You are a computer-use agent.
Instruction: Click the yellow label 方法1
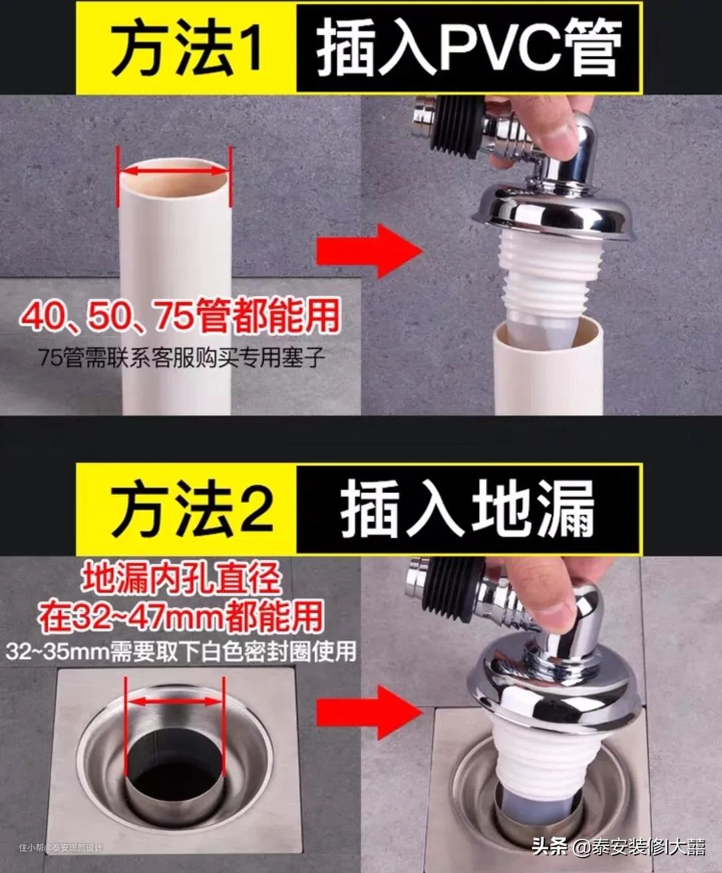point(186,47)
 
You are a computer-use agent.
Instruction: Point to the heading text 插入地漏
point(467,510)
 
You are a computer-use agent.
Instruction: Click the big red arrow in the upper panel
point(369,252)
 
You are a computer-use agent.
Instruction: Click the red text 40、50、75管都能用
point(180,317)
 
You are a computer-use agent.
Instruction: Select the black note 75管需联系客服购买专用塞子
point(182,357)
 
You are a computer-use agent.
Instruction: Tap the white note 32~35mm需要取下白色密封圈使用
point(181,652)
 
